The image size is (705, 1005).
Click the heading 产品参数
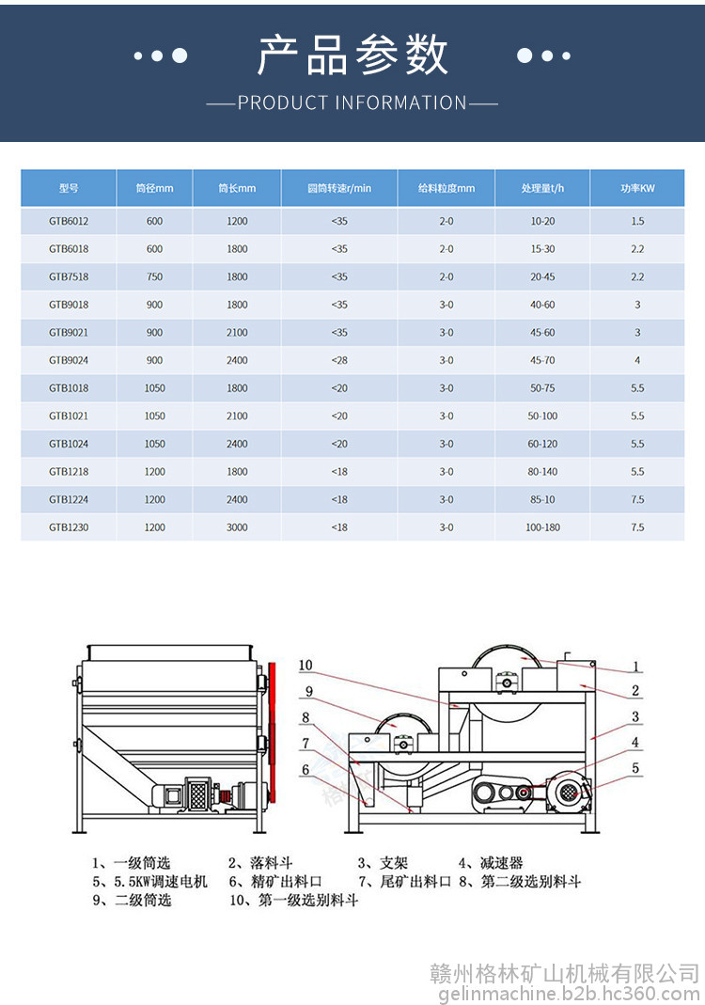(x=352, y=55)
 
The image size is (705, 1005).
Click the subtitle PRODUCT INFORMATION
(x=352, y=102)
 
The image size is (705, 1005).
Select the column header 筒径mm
(x=154, y=188)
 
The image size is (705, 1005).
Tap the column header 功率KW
(x=637, y=188)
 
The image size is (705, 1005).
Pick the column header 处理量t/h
(x=542, y=188)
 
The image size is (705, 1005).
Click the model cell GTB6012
(x=69, y=221)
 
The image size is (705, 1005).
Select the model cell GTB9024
(x=69, y=360)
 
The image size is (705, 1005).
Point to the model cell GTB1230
(x=69, y=527)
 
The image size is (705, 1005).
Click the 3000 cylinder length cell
(x=237, y=527)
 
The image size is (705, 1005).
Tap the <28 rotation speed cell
(x=339, y=360)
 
